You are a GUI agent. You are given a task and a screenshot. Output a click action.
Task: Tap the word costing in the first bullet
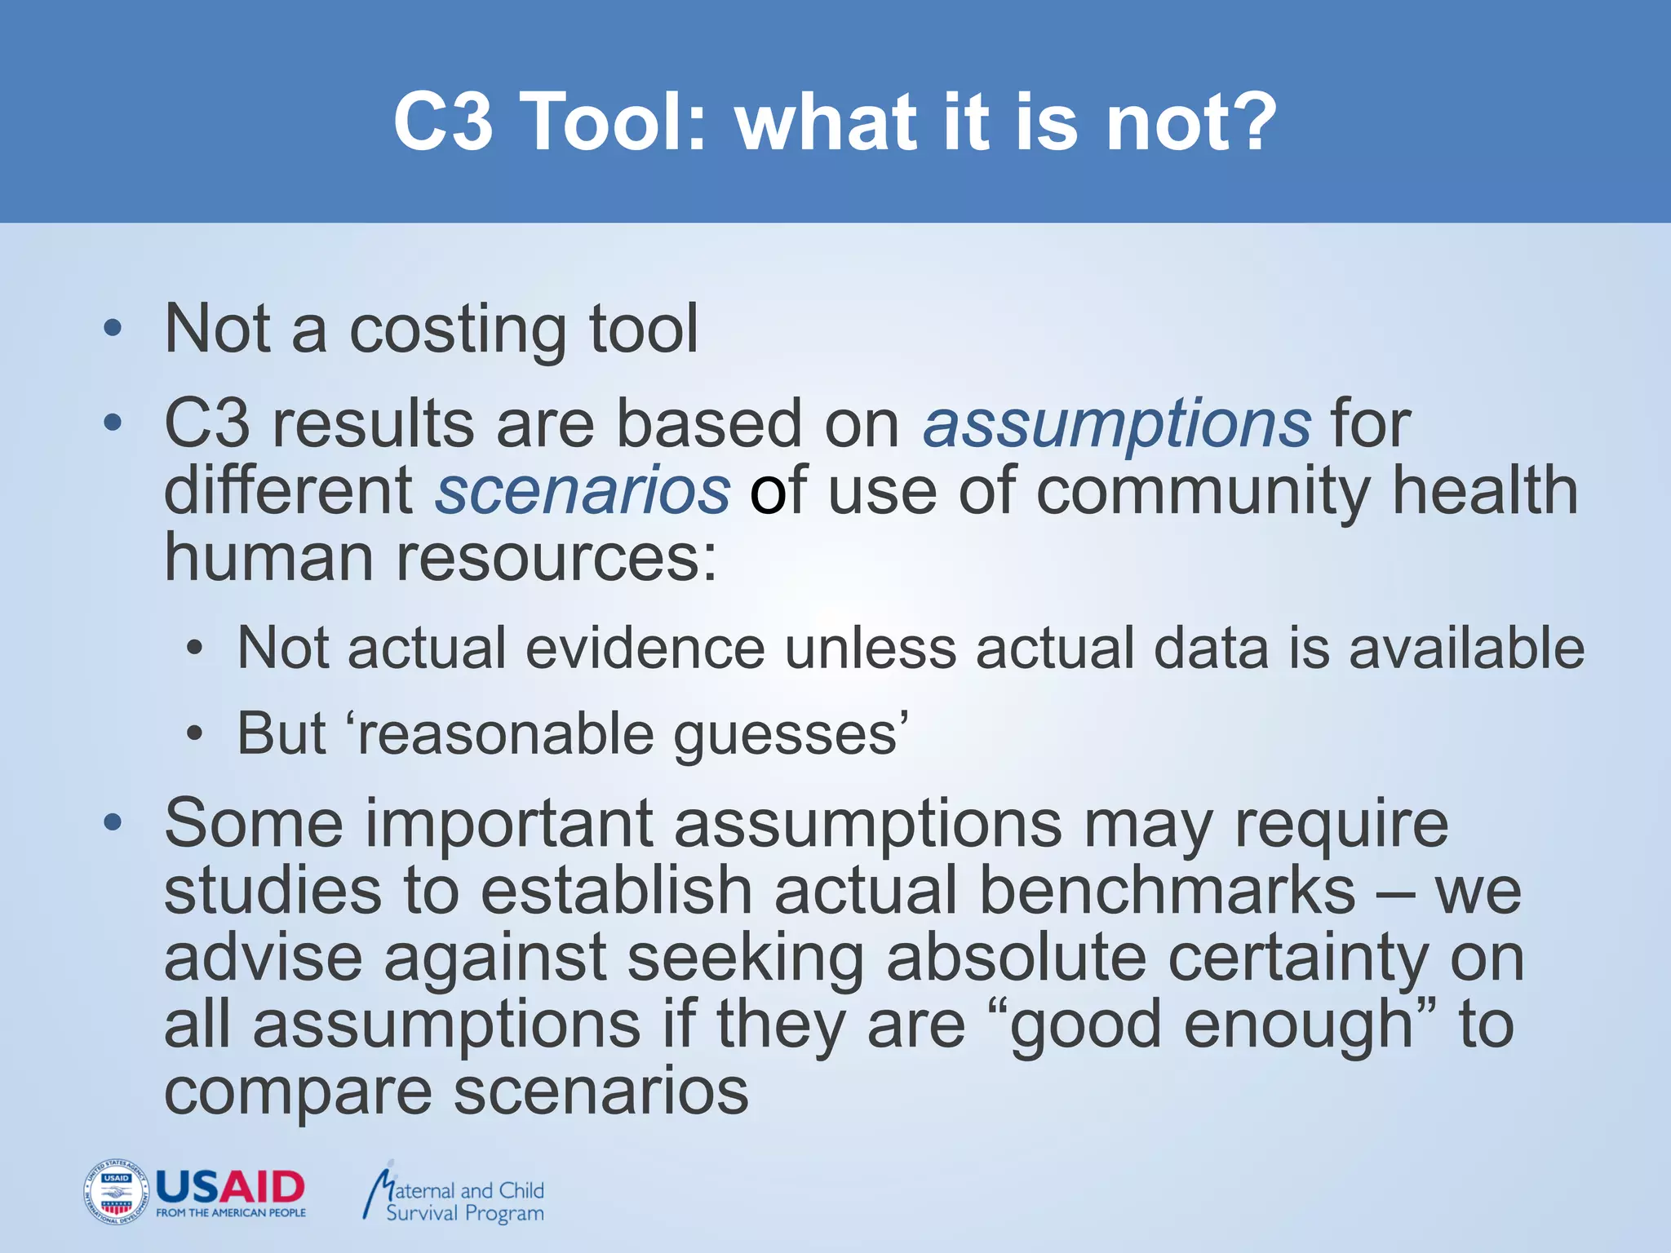tap(458, 331)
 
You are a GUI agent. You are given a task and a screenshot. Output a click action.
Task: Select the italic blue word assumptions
tap(1116, 424)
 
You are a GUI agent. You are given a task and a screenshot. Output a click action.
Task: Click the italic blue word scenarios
tap(583, 491)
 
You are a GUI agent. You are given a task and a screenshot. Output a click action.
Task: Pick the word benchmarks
tap(1167, 891)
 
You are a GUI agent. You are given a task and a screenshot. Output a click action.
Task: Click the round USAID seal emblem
tap(116, 1192)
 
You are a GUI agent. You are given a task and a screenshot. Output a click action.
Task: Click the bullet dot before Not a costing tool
tap(113, 330)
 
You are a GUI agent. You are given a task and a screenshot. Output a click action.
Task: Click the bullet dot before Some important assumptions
tap(113, 822)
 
